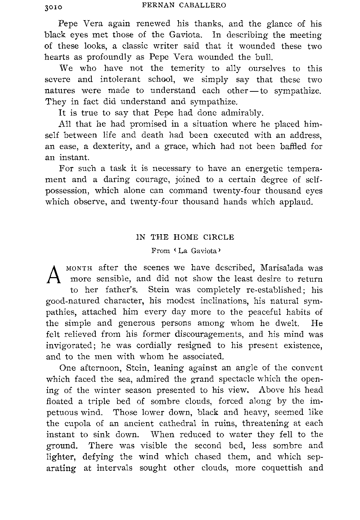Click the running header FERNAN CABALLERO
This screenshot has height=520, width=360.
point(184,5)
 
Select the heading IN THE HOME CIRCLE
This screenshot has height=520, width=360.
point(185,237)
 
